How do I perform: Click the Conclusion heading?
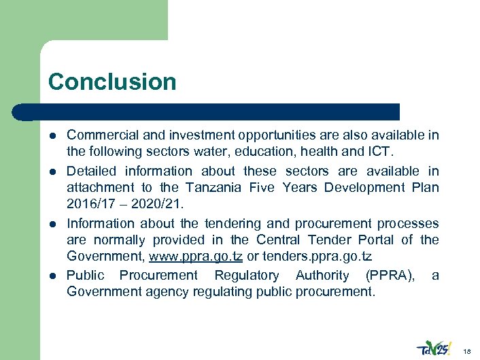[112, 82]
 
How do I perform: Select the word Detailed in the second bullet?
[91, 171]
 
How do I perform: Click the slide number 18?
[466, 350]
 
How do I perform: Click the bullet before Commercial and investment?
[54, 136]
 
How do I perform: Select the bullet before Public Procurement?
[54, 276]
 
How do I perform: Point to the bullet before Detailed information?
[54, 171]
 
